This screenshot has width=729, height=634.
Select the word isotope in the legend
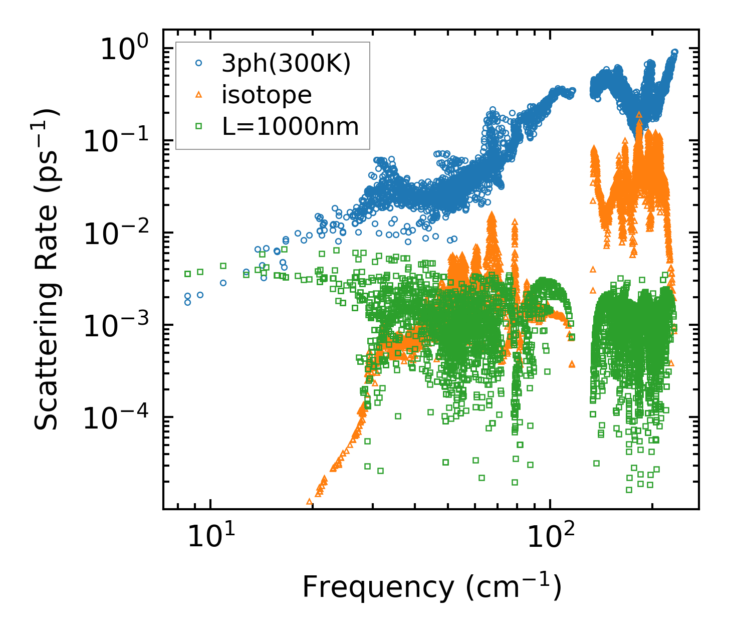click(x=267, y=95)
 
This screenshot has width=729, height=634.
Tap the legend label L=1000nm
click(x=291, y=126)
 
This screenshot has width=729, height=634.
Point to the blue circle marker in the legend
click(x=199, y=64)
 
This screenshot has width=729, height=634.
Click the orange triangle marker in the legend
click(x=199, y=94)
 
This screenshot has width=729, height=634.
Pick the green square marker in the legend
click(x=199, y=126)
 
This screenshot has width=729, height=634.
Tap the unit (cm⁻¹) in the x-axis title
click(x=513, y=586)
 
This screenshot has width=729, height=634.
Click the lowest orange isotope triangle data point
click(x=309, y=501)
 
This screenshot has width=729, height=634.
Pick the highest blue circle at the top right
click(x=674, y=52)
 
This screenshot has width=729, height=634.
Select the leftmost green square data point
click(x=188, y=274)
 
